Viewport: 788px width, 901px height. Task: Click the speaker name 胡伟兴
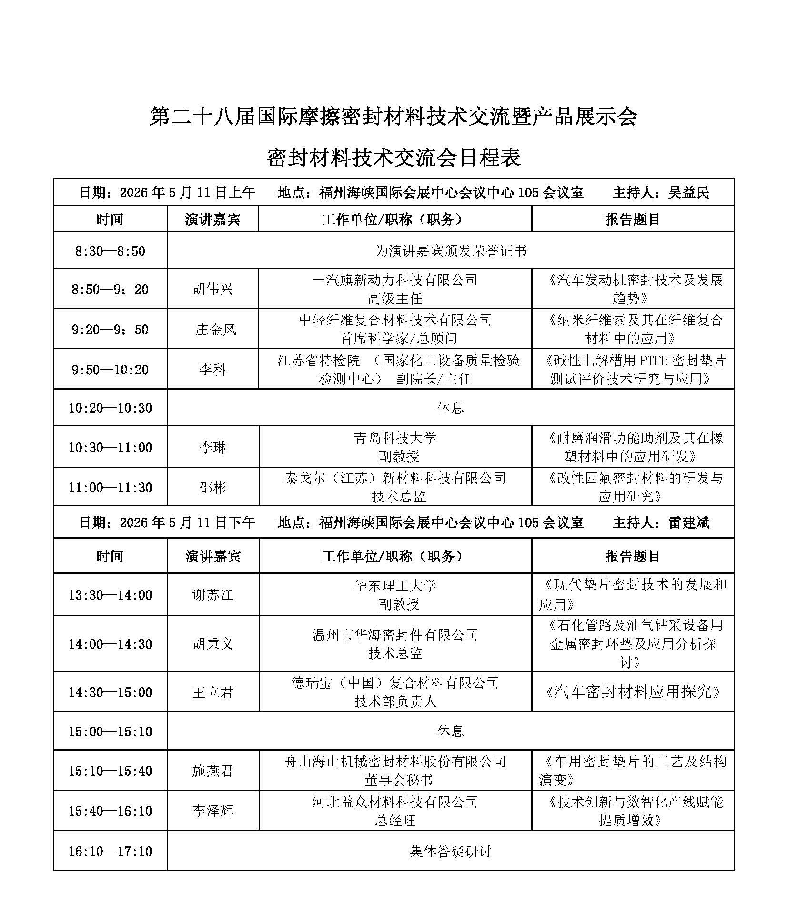point(212,289)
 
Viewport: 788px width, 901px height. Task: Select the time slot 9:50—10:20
point(110,370)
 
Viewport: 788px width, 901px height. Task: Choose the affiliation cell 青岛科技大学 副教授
point(395,447)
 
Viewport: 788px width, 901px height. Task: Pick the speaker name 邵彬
point(212,488)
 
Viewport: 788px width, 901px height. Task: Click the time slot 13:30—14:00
point(110,595)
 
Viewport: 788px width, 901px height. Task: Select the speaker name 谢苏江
point(212,595)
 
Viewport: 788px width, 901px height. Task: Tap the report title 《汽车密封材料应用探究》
point(632,692)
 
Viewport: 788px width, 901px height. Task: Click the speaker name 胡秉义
point(212,644)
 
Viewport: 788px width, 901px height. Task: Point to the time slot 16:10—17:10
point(110,851)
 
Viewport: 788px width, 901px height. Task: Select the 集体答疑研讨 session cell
point(450,851)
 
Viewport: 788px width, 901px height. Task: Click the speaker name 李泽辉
point(212,811)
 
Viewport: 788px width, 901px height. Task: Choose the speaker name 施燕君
point(212,771)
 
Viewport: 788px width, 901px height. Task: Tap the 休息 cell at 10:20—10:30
point(450,408)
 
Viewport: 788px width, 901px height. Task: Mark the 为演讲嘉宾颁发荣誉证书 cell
point(450,251)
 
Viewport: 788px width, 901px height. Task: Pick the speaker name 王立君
point(212,692)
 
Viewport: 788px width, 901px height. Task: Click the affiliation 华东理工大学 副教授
point(395,595)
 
